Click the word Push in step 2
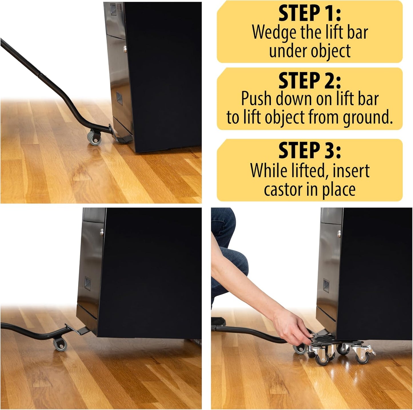[x=256, y=99]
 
